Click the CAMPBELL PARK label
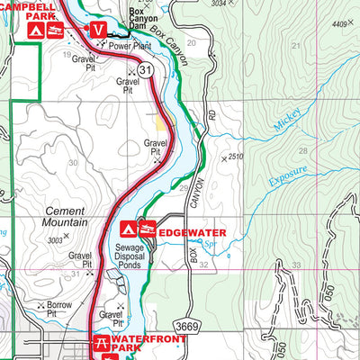click(x=24, y=12)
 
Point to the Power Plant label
click(x=130, y=44)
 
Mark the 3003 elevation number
click(x=56, y=239)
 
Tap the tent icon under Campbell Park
click(x=34, y=31)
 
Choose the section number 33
click(x=296, y=265)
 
